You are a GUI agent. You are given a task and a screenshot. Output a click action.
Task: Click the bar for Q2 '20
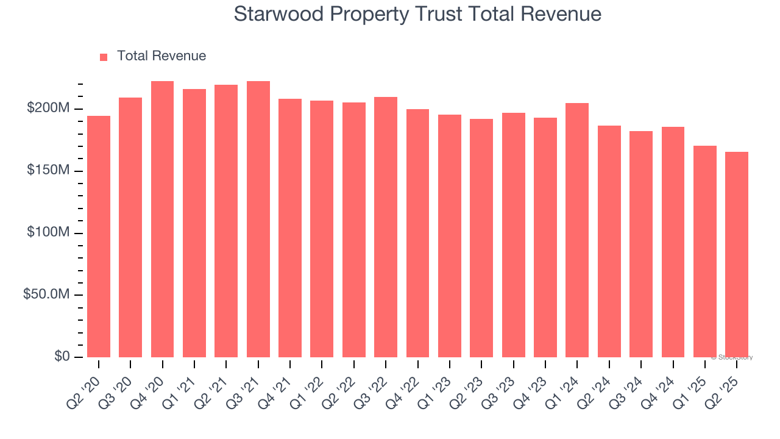99,237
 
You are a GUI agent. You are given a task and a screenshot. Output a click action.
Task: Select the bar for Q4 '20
162,219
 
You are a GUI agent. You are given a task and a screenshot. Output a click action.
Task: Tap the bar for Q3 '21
258,219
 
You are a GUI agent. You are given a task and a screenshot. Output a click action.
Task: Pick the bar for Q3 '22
386,227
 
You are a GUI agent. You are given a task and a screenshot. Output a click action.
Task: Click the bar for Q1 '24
577,230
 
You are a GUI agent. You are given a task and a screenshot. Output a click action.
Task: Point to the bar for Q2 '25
737,254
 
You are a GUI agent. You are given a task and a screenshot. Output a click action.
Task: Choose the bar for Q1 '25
705,251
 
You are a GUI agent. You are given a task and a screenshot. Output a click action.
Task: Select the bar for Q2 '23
481,238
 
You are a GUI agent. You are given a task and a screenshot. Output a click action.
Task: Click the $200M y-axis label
48,109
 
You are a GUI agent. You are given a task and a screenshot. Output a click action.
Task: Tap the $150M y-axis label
48,171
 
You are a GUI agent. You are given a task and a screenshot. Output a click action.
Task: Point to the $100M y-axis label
48,233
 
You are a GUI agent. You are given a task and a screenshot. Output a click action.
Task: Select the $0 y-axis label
62,357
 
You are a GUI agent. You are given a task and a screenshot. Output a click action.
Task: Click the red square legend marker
104,57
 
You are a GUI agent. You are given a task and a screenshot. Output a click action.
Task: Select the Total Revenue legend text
161,56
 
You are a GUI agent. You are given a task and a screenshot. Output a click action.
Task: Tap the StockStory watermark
732,357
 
